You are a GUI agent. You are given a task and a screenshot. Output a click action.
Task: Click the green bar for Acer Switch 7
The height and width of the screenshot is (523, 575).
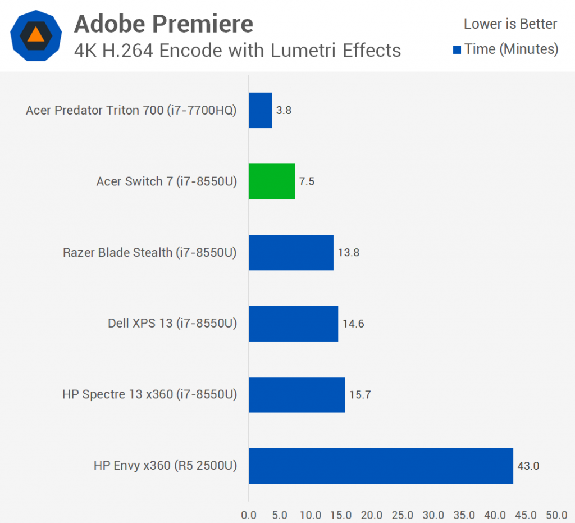tap(272, 181)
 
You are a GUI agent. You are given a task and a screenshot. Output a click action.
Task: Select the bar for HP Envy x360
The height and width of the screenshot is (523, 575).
tap(381, 466)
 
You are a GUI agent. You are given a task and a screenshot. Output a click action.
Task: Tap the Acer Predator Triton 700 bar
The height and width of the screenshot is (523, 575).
tap(260, 110)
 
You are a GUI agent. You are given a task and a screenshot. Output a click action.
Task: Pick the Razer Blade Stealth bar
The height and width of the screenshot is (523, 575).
tap(291, 252)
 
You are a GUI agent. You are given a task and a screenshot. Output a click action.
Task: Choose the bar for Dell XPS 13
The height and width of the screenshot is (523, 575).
tap(293, 324)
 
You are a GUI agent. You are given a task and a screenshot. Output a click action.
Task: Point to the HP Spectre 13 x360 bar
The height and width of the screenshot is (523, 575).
tap(296, 394)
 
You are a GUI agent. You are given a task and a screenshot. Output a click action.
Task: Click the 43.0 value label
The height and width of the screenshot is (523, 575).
tap(528, 466)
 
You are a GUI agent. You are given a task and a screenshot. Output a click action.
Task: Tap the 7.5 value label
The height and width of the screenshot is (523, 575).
tap(307, 181)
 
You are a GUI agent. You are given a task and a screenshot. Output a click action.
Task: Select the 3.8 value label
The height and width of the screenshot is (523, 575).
tap(284, 110)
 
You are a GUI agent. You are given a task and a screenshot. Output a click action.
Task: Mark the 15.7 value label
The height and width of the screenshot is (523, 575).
tap(360, 394)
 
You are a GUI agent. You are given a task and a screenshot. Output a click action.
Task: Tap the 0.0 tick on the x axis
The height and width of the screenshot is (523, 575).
tap(249, 515)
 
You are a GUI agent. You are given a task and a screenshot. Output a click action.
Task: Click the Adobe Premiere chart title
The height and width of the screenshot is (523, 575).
tap(163, 24)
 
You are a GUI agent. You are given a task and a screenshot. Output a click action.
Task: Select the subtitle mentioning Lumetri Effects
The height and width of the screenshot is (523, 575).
tap(238, 51)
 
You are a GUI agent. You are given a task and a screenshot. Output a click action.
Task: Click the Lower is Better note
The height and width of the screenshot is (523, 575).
tap(510, 24)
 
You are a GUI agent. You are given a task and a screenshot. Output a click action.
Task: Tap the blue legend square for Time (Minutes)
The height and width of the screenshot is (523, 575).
tap(457, 50)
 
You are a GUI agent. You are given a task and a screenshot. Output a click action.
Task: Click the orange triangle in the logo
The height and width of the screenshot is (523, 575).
tap(35, 34)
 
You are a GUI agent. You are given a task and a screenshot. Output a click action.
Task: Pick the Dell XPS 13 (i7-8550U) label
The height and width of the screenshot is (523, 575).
tap(172, 324)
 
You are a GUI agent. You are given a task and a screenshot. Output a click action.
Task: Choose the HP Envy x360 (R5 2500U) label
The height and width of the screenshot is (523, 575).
tap(166, 466)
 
